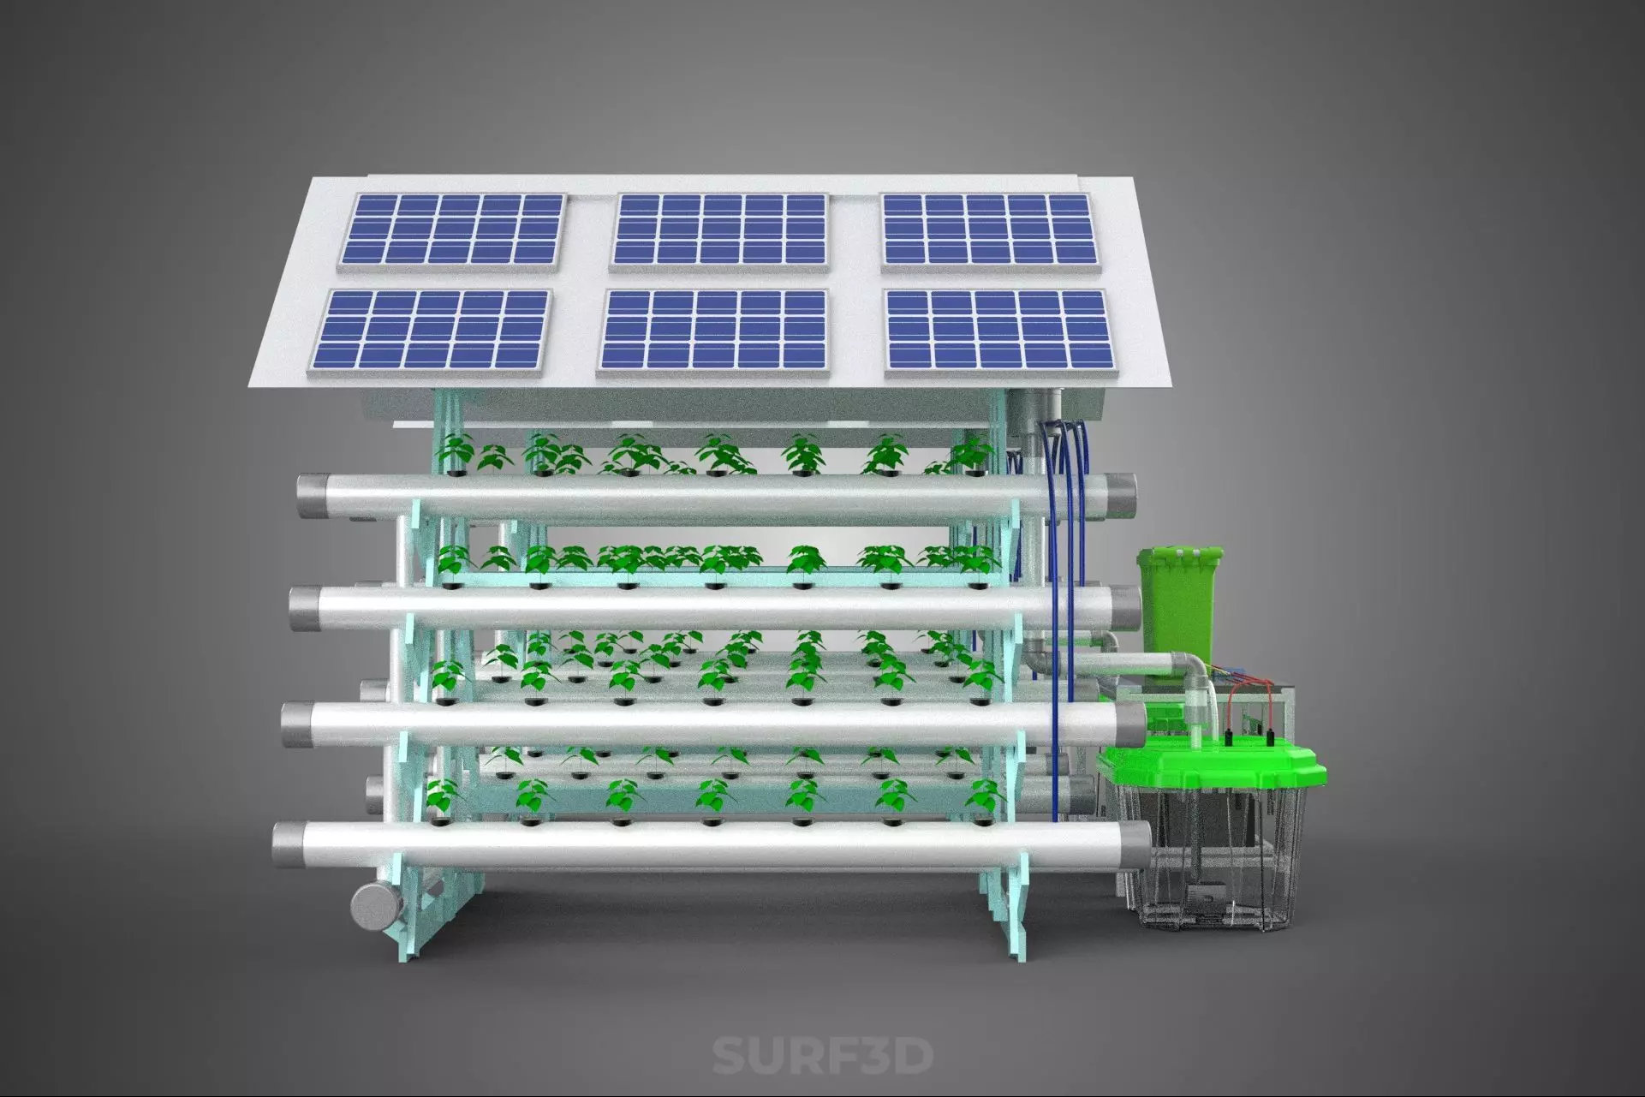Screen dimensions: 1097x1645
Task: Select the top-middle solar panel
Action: tap(720, 230)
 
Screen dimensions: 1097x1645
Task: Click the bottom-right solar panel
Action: tap(998, 331)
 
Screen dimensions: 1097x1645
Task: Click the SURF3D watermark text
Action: tap(822, 1055)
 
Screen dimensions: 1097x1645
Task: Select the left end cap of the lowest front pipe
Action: tap(284, 846)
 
